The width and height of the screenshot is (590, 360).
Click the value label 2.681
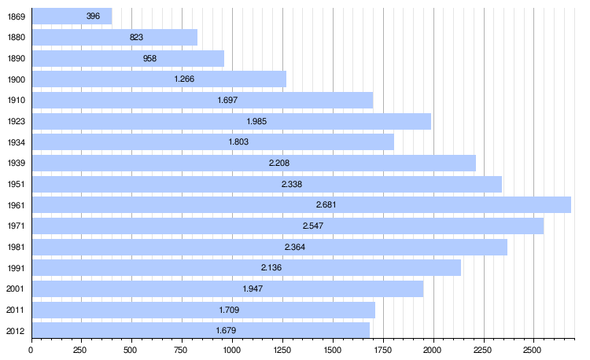(326, 204)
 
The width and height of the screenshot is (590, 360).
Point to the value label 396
(93, 16)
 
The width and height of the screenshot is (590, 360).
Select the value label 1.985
(257, 121)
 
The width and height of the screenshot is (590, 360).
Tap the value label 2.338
(292, 184)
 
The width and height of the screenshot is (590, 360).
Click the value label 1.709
(227, 310)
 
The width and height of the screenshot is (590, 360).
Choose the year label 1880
(16, 37)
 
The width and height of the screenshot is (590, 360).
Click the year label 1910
(16, 100)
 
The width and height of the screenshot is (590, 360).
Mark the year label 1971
(16, 226)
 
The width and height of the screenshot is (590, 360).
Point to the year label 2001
(16, 288)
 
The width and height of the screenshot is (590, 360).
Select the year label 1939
(16, 163)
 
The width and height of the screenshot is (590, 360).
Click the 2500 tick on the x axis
(533, 348)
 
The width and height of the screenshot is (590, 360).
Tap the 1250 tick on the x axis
(282, 348)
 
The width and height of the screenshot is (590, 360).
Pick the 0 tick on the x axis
(31, 348)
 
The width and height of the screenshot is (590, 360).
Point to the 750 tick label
(182, 348)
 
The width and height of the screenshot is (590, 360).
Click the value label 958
(150, 58)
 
